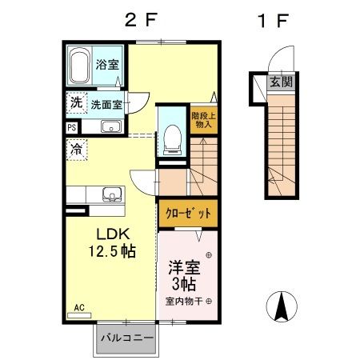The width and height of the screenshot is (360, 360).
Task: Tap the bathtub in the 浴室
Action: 80,66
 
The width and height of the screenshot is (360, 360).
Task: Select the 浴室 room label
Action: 108,65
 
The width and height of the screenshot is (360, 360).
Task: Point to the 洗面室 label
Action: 106,104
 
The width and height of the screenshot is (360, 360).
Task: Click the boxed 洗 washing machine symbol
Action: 75,103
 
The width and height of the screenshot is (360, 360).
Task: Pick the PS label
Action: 71,127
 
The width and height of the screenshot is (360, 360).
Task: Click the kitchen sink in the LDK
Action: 110,193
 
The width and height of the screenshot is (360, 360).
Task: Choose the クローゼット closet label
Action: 189,214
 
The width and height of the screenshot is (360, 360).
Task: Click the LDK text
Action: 112,235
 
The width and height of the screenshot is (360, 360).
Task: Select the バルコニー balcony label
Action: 127,338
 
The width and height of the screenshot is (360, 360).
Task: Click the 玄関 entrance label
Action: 280,81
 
